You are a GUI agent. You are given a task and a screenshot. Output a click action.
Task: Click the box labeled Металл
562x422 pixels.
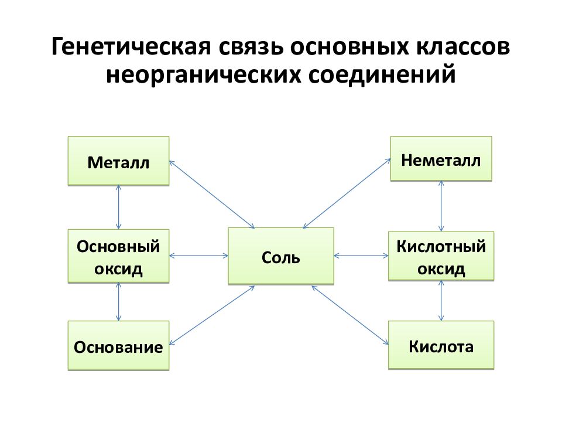pyautogui.click(x=118, y=161)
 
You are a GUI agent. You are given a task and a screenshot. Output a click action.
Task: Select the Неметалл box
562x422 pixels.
pyautogui.click(x=441, y=159)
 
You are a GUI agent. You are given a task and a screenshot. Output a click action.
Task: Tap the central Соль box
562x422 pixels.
pyautogui.click(x=281, y=256)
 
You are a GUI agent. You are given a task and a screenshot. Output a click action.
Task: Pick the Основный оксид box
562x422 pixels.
pyautogui.click(x=118, y=256)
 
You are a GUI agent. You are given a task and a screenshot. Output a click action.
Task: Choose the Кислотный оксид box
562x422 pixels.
pyautogui.click(x=441, y=256)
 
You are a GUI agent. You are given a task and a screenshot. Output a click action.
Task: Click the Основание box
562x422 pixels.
pyautogui.click(x=118, y=346)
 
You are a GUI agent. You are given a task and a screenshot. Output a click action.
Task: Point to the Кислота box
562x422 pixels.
pyautogui.click(x=441, y=345)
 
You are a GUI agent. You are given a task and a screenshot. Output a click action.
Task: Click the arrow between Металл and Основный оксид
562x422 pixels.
pyautogui.click(x=119, y=207)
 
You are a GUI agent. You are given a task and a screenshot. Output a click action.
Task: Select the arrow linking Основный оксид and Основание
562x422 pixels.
pyautogui.click(x=119, y=302)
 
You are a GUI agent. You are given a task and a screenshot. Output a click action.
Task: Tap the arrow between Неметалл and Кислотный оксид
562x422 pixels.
pyautogui.click(x=441, y=206)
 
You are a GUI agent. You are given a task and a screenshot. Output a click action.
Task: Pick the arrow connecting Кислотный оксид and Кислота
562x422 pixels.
pyautogui.click(x=441, y=301)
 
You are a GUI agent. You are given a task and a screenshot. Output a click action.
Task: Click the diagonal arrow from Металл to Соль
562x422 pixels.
pyautogui.click(x=212, y=194)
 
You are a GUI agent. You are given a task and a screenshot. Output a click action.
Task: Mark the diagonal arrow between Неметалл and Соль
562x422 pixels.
pyautogui.click(x=347, y=193)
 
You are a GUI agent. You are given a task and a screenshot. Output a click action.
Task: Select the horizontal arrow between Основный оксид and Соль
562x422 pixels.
pyautogui.click(x=198, y=256)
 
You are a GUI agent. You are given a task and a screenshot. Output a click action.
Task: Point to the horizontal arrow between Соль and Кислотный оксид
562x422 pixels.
pyautogui.click(x=361, y=256)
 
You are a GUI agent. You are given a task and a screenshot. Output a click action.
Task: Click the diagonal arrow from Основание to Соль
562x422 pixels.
pyautogui.click(x=212, y=315)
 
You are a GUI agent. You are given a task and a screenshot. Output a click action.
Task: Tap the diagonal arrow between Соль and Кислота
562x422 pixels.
pyautogui.click(x=350, y=315)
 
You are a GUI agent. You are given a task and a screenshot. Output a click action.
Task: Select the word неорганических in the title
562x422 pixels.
pyautogui.click(x=203, y=74)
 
